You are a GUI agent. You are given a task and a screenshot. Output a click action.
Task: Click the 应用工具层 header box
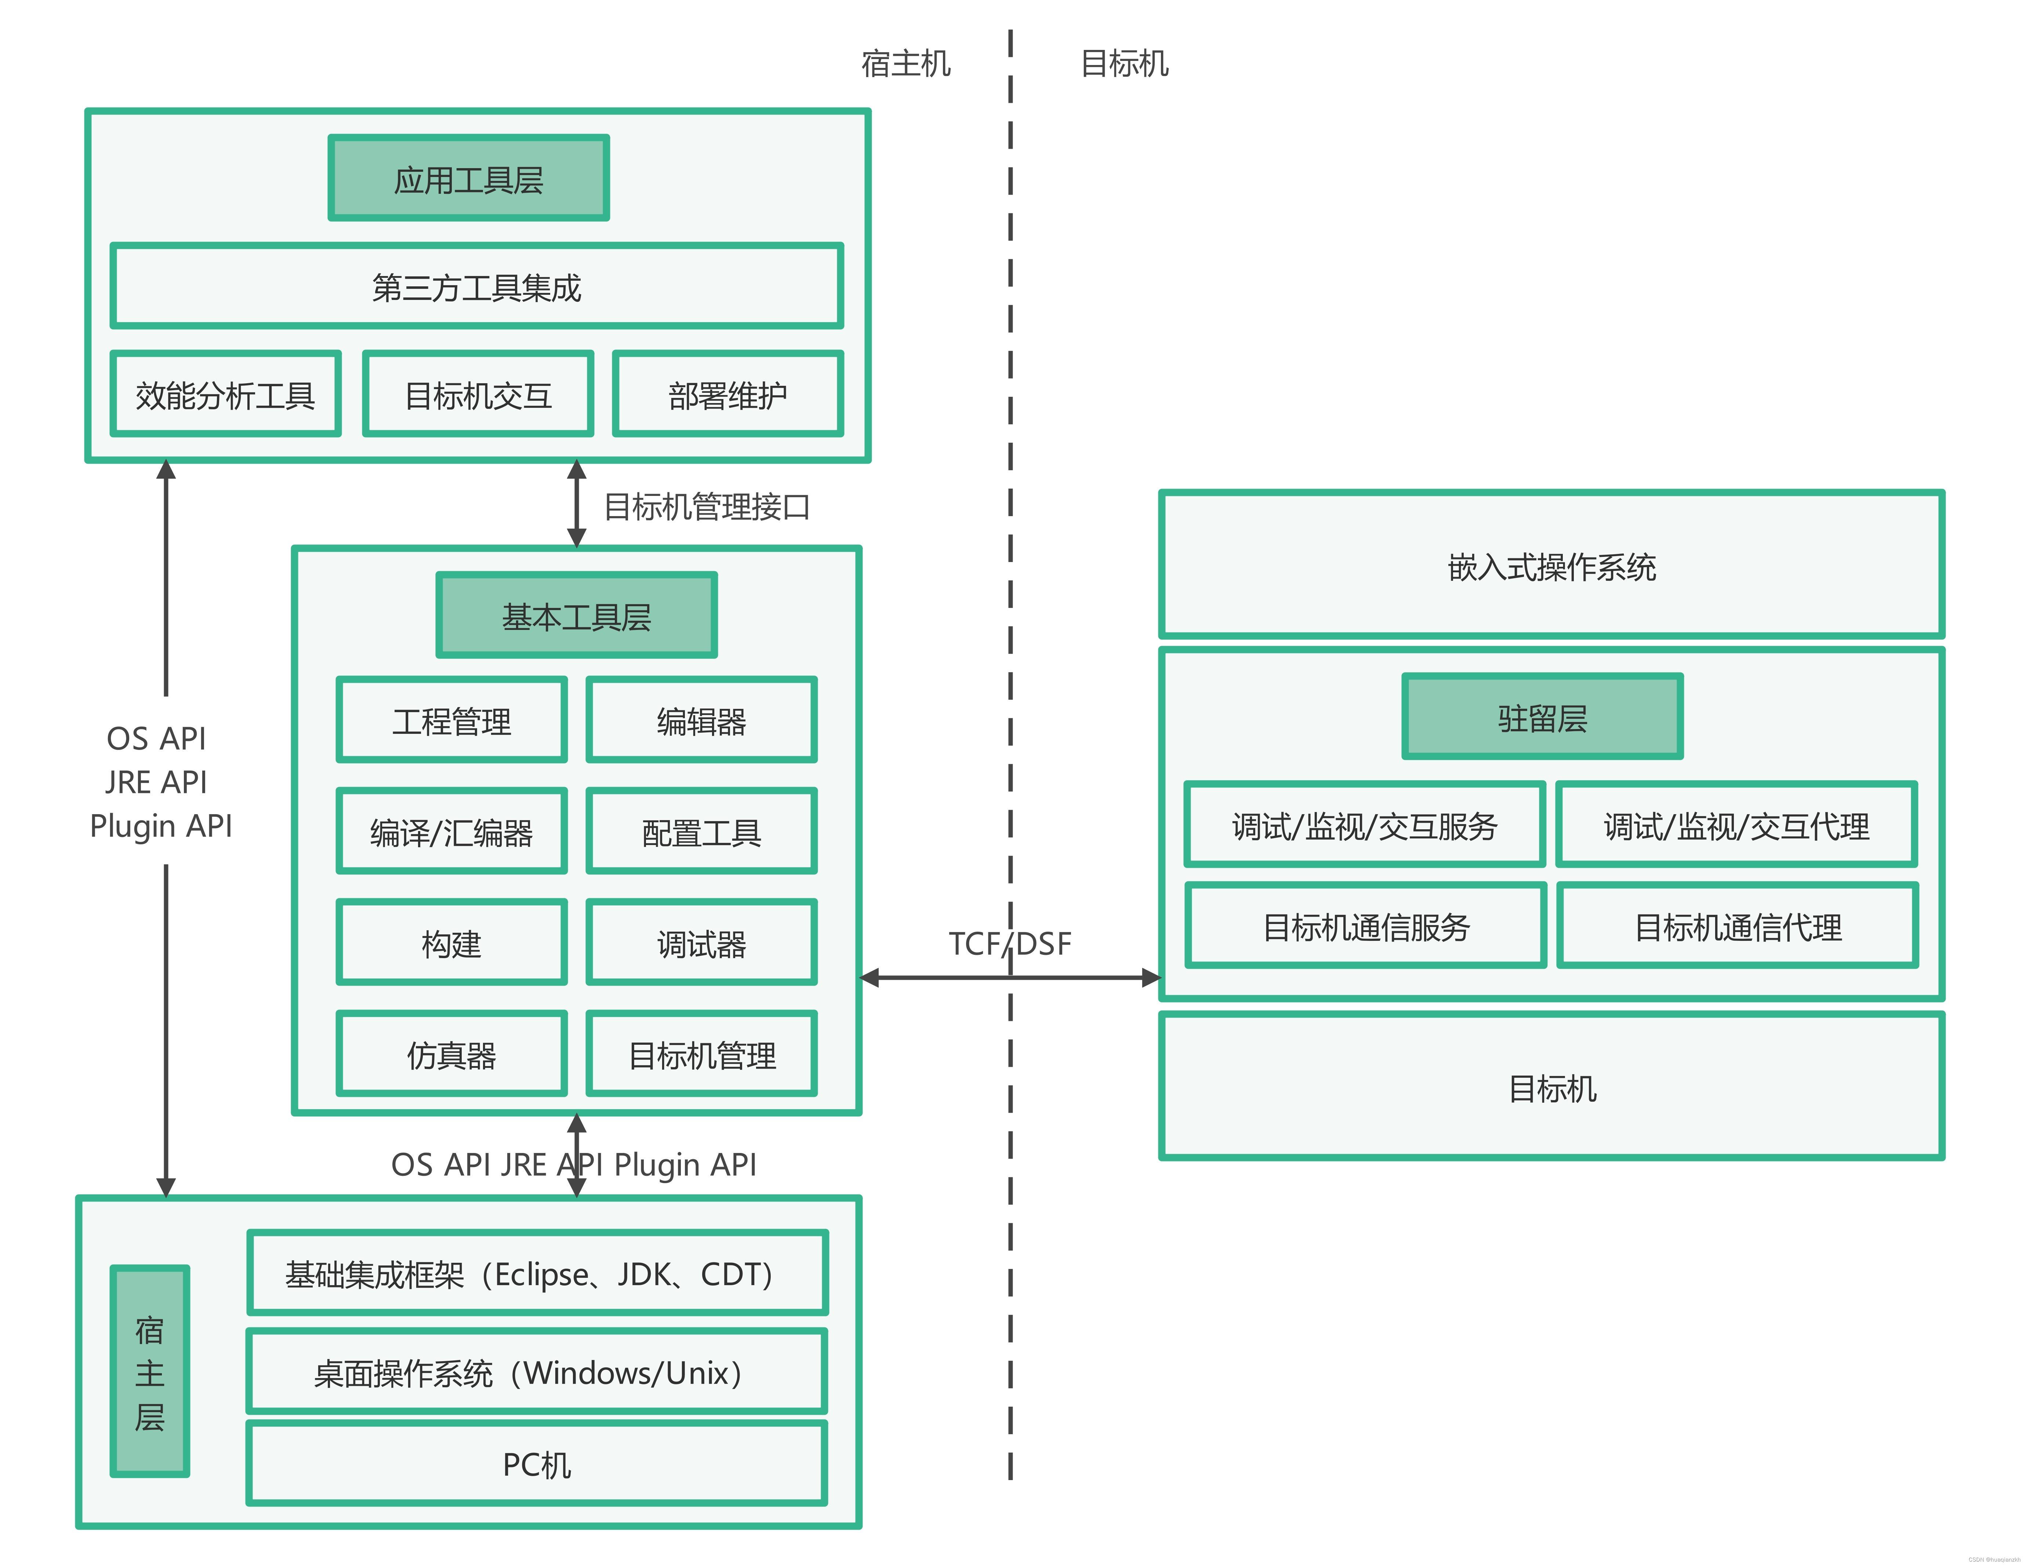(x=468, y=178)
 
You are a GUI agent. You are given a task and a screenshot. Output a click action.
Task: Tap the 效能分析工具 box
(x=225, y=394)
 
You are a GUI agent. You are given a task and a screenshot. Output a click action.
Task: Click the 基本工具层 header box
(x=576, y=616)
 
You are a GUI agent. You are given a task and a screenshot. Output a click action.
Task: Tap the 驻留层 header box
(x=1542, y=717)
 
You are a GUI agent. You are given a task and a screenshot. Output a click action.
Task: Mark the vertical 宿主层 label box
(x=149, y=1371)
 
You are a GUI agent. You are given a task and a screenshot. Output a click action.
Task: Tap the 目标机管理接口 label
(x=707, y=507)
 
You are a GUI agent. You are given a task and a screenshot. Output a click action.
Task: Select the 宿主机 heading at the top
(x=905, y=63)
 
